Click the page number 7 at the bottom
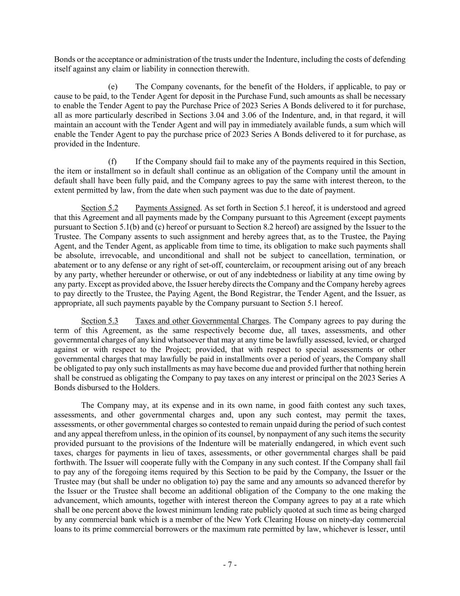(230, 565)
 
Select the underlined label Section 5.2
(99, 208)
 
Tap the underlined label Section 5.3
(99, 321)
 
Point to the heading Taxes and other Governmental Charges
(202, 321)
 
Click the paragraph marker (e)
(112, 87)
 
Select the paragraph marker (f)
(112, 162)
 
